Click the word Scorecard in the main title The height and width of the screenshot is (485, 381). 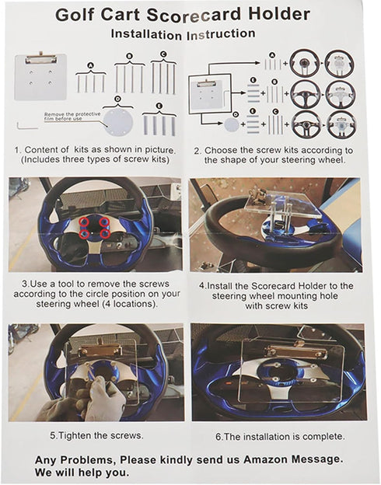(x=194, y=15)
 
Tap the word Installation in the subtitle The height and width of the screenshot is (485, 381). (x=146, y=34)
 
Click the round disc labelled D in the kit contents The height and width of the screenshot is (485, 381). (x=117, y=122)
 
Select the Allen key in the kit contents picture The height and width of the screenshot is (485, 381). (x=27, y=126)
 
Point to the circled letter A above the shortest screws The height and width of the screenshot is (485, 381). (x=90, y=65)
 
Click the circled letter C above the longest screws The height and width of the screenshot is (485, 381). (x=163, y=54)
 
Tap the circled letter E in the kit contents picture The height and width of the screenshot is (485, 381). (x=159, y=106)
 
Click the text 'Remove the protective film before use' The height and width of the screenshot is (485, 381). (x=72, y=117)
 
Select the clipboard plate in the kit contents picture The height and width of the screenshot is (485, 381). (x=40, y=76)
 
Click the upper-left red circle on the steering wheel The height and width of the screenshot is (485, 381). (x=84, y=222)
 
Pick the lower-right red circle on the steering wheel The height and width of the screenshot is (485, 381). (x=105, y=233)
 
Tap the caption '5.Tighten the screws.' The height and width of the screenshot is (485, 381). (x=96, y=435)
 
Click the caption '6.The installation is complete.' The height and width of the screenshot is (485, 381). (x=280, y=437)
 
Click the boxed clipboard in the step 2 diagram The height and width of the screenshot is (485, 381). (x=210, y=94)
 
